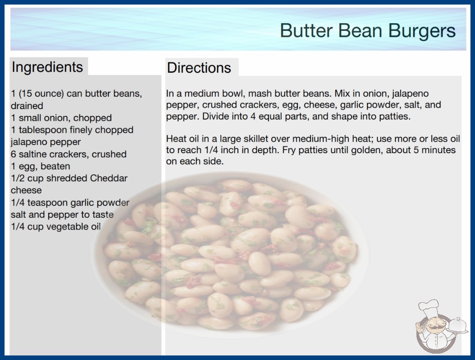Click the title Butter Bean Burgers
coord(367,31)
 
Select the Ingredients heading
coord(47,67)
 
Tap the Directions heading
coord(199,68)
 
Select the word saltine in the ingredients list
coord(34,154)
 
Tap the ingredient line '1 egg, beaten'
coord(40,166)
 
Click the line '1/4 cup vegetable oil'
coord(56,226)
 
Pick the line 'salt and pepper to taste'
coord(62,215)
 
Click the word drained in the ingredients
coord(27,106)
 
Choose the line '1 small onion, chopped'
coord(61,118)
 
